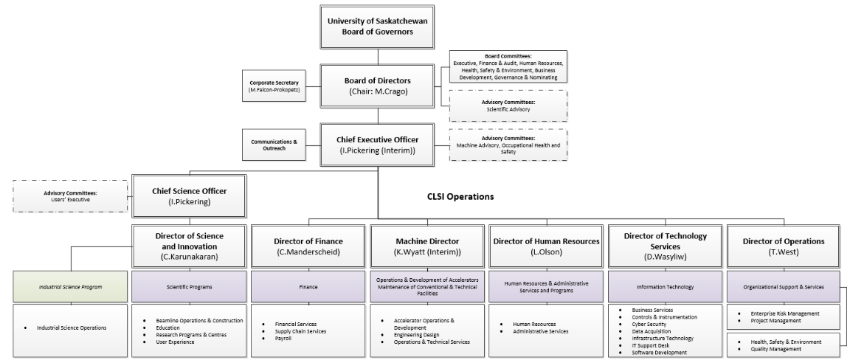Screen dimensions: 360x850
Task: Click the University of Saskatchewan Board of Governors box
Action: (x=378, y=26)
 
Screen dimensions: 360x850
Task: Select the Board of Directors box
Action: (x=378, y=86)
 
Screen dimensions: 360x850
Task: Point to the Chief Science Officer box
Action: (x=190, y=195)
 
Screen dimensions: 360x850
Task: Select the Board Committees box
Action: (x=508, y=66)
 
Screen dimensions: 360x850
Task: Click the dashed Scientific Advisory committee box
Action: (x=508, y=105)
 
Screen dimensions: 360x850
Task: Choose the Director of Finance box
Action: (x=308, y=246)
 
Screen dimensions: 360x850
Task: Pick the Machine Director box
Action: (x=426, y=246)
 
